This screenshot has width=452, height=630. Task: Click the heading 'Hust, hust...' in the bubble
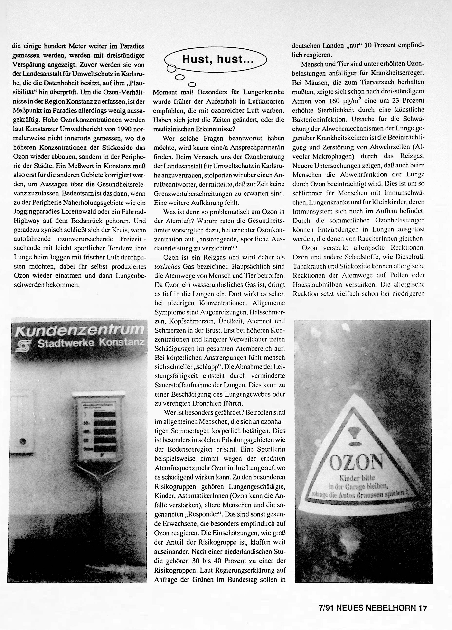point(217,59)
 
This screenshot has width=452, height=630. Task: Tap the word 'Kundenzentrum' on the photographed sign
point(79,331)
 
